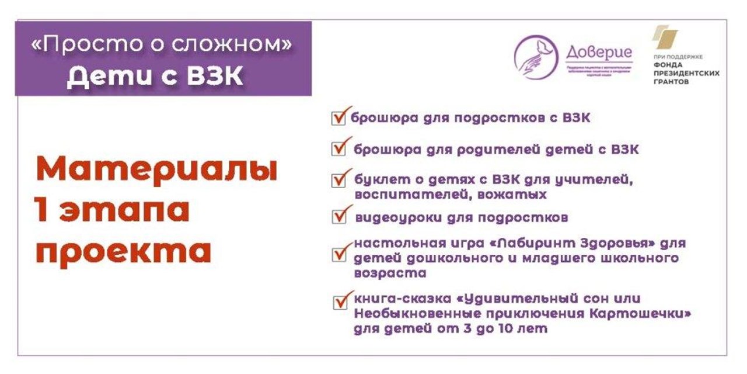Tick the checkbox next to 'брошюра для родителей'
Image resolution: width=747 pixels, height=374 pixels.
pyautogui.click(x=339, y=149)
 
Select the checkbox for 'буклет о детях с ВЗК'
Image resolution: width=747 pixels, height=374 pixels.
pyautogui.click(x=339, y=180)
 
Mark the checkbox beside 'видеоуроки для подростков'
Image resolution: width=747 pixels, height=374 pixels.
pyautogui.click(x=339, y=217)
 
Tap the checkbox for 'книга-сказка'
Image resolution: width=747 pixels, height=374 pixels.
pyautogui.click(x=340, y=303)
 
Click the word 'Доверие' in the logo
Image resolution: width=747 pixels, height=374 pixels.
pyautogui.click(x=599, y=52)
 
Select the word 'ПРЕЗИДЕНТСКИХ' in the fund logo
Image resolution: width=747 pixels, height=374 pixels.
pyautogui.click(x=686, y=74)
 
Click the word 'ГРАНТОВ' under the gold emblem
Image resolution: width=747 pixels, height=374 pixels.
pyautogui.click(x=671, y=82)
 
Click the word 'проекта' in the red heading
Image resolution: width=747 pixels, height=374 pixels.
pyautogui.click(x=123, y=252)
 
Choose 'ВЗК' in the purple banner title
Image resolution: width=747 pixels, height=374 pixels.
pyautogui.click(x=212, y=77)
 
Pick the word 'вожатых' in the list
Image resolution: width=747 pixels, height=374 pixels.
pyautogui.click(x=516, y=194)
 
